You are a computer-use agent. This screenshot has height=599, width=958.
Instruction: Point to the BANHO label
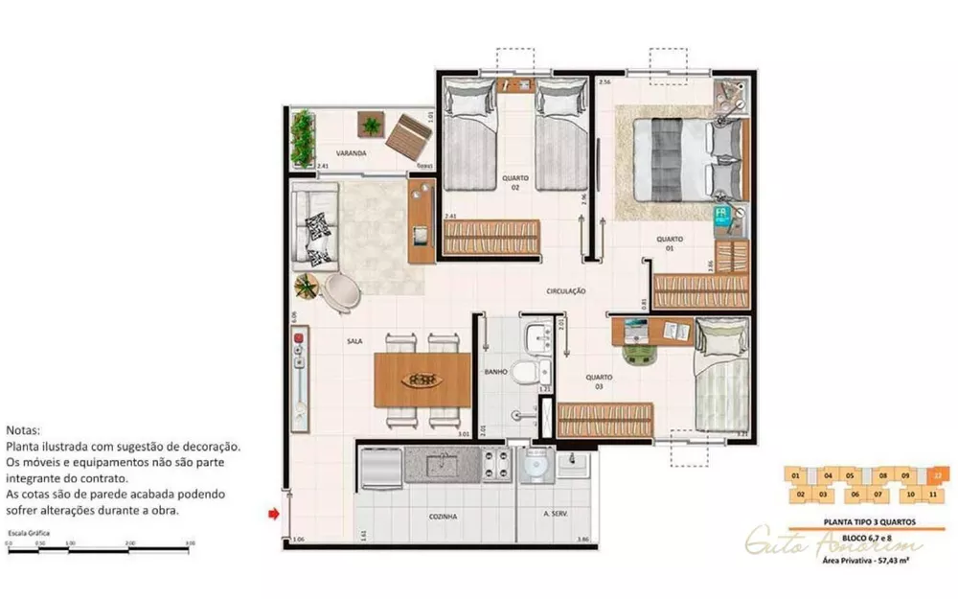coord(495,372)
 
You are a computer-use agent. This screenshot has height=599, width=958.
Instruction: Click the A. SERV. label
coord(556,516)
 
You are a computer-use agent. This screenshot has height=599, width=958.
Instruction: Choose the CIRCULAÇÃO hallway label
coord(565,290)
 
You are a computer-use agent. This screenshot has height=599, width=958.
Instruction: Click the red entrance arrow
coord(273,516)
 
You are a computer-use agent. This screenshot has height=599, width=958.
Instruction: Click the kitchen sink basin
coord(442,467)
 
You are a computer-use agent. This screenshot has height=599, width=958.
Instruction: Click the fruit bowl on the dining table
coord(422,380)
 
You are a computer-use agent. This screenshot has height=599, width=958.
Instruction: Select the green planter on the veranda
coord(303,138)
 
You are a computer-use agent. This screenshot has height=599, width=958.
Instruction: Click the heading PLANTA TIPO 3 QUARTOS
coord(858,521)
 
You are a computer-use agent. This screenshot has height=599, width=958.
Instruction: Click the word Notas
coord(24,431)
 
